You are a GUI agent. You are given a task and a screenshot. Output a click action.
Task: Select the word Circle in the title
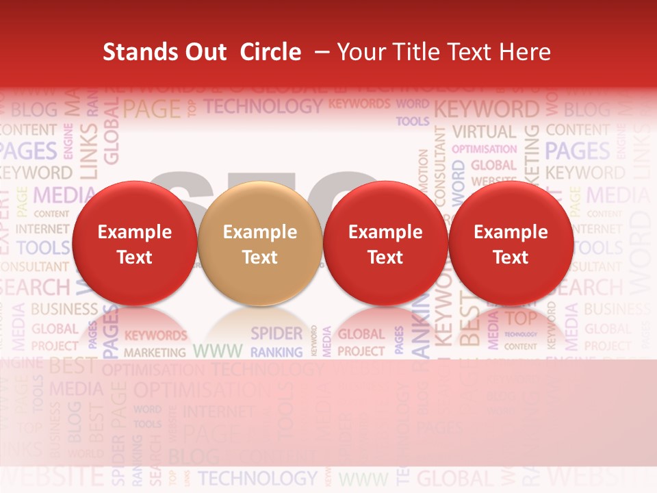[x=270, y=52]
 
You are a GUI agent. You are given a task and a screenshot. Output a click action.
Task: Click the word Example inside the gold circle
[x=259, y=232]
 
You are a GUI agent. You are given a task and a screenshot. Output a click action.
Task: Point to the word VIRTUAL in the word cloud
[x=484, y=131]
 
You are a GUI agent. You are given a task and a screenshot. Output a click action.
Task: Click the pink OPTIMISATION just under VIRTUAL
[x=485, y=149]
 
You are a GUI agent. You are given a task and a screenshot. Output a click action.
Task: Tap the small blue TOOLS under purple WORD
[x=413, y=121]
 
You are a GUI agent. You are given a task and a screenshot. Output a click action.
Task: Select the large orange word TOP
[x=521, y=318]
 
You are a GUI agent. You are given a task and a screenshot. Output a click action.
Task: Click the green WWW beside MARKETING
[x=217, y=351]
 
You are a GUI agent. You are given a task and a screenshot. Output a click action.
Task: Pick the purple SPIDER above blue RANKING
[x=276, y=333]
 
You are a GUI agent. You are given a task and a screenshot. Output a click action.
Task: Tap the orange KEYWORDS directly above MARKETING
[x=155, y=336]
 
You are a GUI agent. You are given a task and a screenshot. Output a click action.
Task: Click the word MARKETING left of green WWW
[x=155, y=353]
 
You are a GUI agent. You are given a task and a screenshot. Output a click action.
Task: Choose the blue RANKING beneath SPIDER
[x=276, y=353]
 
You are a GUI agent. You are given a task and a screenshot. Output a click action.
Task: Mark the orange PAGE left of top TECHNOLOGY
[x=152, y=108]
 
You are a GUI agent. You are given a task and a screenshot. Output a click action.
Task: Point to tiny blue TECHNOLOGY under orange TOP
[x=521, y=334]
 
